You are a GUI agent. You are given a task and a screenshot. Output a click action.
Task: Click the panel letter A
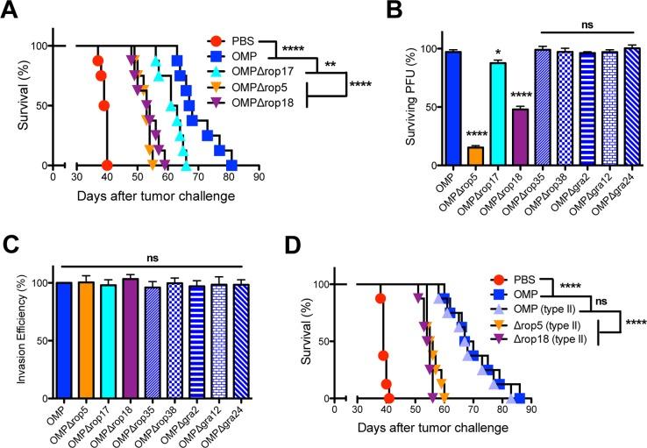pyautogui.click(x=12, y=12)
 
